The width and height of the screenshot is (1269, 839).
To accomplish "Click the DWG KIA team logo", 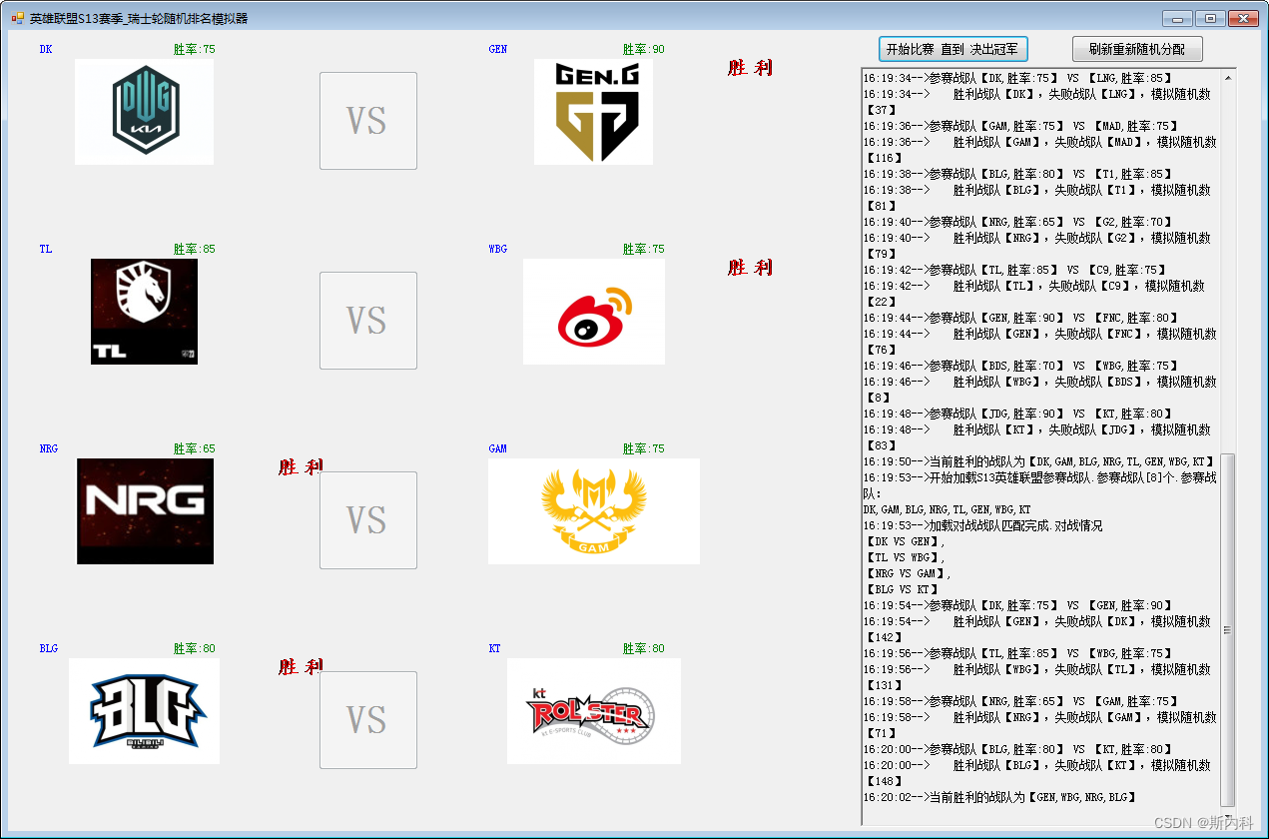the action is click(x=145, y=112).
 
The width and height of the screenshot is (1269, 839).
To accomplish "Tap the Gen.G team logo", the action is click(x=593, y=112).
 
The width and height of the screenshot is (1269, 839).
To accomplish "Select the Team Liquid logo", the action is click(x=144, y=312).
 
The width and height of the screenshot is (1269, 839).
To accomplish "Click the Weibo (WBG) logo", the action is click(x=593, y=312).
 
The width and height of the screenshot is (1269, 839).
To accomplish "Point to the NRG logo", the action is click(x=145, y=511).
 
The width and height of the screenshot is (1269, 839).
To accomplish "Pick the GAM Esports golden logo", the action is click(x=593, y=511).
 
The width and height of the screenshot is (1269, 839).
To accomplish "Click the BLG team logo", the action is click(x=144, y=711).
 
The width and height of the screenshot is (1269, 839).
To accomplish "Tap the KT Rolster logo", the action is click(x=593, y=711).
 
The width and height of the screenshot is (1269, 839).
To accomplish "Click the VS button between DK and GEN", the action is click(x=367, y=121).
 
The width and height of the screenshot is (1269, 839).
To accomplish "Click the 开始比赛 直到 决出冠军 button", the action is click(x=953, y=49).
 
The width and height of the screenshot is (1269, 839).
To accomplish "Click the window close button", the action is click(x=1242, y=19).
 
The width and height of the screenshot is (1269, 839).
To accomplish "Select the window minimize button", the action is click(x=1178, y=19).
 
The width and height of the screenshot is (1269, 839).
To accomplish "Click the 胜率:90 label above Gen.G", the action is click(x=643, y=49).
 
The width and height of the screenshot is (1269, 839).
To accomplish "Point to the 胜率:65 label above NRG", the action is click(x=194, y=448).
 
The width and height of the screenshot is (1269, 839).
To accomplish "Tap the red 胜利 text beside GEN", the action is click(x=749, y=68).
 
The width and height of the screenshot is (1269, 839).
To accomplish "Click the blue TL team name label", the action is click(x=46, y=249).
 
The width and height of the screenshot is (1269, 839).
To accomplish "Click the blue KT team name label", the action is click(x=494, y=648).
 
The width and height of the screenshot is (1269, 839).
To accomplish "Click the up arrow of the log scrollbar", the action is click(x=1228, y=77).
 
